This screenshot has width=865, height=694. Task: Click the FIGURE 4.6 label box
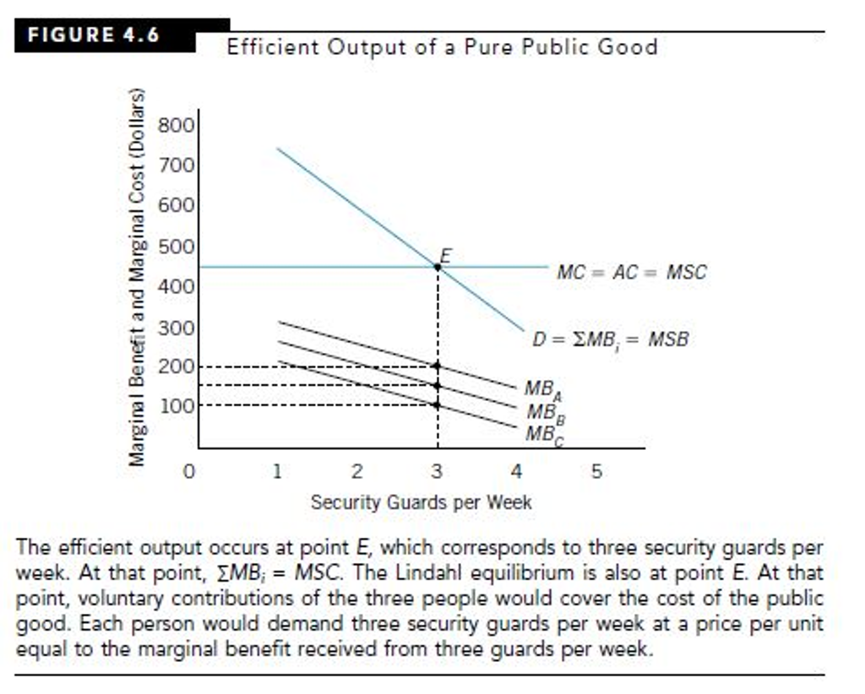click(94, 35)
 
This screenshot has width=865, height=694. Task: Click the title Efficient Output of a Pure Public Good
click(442, 46)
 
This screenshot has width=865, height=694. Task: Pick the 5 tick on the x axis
click(596, 471)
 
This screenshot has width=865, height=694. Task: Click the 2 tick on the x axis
click(356, 471)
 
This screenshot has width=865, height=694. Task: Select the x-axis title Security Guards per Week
click(422, 502)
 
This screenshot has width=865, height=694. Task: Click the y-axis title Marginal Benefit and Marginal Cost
click(137, 277)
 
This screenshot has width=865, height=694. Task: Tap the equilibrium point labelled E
click(438, 267)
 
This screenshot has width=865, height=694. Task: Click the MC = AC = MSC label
click(631, 272)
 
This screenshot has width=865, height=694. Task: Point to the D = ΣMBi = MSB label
click(610, 340)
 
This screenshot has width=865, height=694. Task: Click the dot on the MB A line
click(437, 366)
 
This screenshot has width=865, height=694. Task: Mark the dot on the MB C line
click(437, 405)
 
